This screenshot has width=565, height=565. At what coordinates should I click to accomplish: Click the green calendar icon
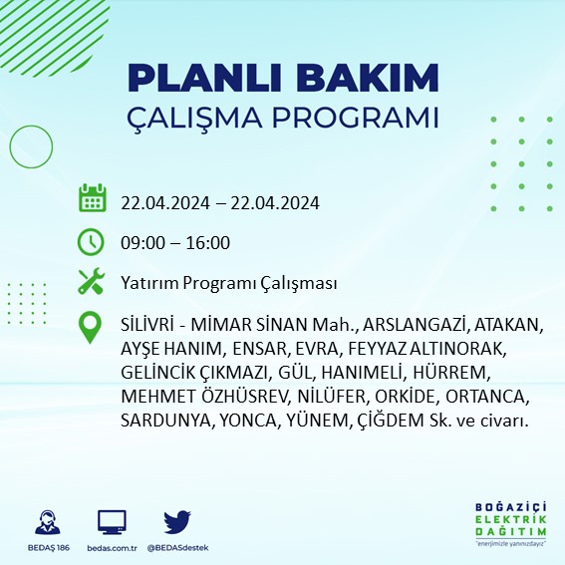pos(92,199)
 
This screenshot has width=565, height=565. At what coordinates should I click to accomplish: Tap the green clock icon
pos(92,241)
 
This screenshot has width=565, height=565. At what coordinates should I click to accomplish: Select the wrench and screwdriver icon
pos(92,282)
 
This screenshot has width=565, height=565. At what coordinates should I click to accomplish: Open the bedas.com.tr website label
pos(112,548)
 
